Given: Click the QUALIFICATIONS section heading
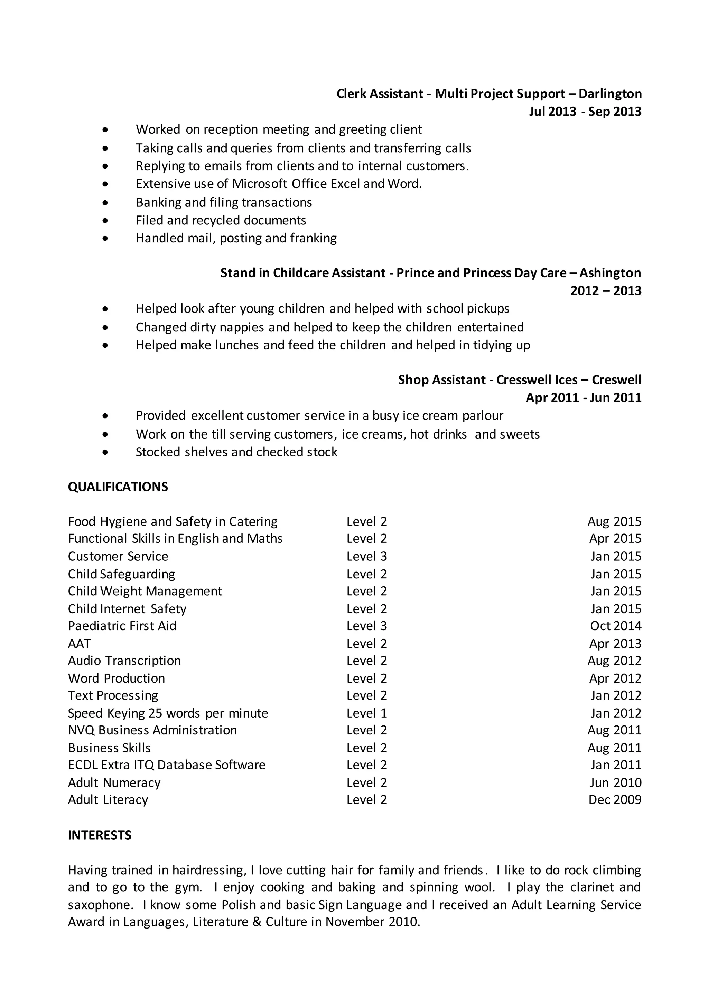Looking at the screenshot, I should point(118,487).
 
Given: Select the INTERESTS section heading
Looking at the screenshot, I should point(100,835).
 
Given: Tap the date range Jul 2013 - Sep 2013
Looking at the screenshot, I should point(585,112).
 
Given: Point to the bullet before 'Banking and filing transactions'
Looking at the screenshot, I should point(105,203).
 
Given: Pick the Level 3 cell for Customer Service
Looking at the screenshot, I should point(367,556).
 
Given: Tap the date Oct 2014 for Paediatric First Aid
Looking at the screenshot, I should point(616,626).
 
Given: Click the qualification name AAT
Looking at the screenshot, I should point(80,643).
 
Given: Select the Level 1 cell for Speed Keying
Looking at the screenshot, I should point(367,713).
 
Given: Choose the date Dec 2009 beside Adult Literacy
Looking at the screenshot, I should point(615,800).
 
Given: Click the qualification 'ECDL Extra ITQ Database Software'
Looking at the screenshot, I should point(167,765).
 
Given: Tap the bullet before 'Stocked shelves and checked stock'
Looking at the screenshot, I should point(105,452).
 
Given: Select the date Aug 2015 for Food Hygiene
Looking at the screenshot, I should point(614,521).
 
